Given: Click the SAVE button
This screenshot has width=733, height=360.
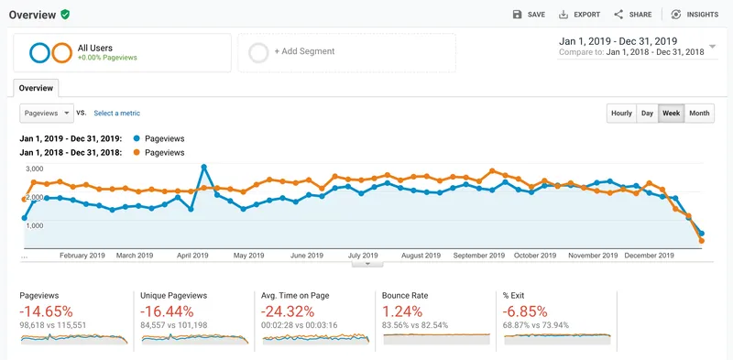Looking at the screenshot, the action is coord(529,15).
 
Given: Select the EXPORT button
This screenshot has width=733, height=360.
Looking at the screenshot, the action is coord(579,15).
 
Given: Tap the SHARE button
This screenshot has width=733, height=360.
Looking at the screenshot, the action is coord(632,15).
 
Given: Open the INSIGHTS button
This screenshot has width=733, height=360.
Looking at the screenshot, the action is coord(695,15).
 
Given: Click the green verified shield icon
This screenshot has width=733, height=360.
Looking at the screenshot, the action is coord(65,15).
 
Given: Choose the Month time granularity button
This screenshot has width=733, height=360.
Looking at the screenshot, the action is coord(699,114).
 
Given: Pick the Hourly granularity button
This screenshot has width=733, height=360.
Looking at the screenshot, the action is coord(622,114).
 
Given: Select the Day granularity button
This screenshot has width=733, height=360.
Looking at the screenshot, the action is coord(648,114).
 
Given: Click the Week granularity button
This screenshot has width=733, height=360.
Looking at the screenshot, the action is coord(672,114).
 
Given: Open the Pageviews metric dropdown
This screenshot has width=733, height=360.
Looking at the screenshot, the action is coord(47,114).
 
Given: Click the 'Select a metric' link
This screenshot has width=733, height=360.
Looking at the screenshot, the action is coord(117,114).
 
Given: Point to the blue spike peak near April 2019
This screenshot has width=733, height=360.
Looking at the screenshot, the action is coord(203,167).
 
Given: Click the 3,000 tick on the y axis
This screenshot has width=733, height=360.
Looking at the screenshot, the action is coord(34,169).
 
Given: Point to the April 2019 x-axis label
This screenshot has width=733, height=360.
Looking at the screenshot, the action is coord(192,256).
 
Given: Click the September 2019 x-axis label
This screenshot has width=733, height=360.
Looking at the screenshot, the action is coord(479,256).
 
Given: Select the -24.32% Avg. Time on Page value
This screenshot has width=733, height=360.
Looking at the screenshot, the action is coord(288,311).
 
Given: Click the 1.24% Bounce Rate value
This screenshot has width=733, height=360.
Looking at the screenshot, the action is coord(402,311).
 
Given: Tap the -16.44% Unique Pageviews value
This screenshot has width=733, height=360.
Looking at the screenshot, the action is coord(167,311).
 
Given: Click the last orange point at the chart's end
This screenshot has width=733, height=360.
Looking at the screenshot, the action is coord(701,241).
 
